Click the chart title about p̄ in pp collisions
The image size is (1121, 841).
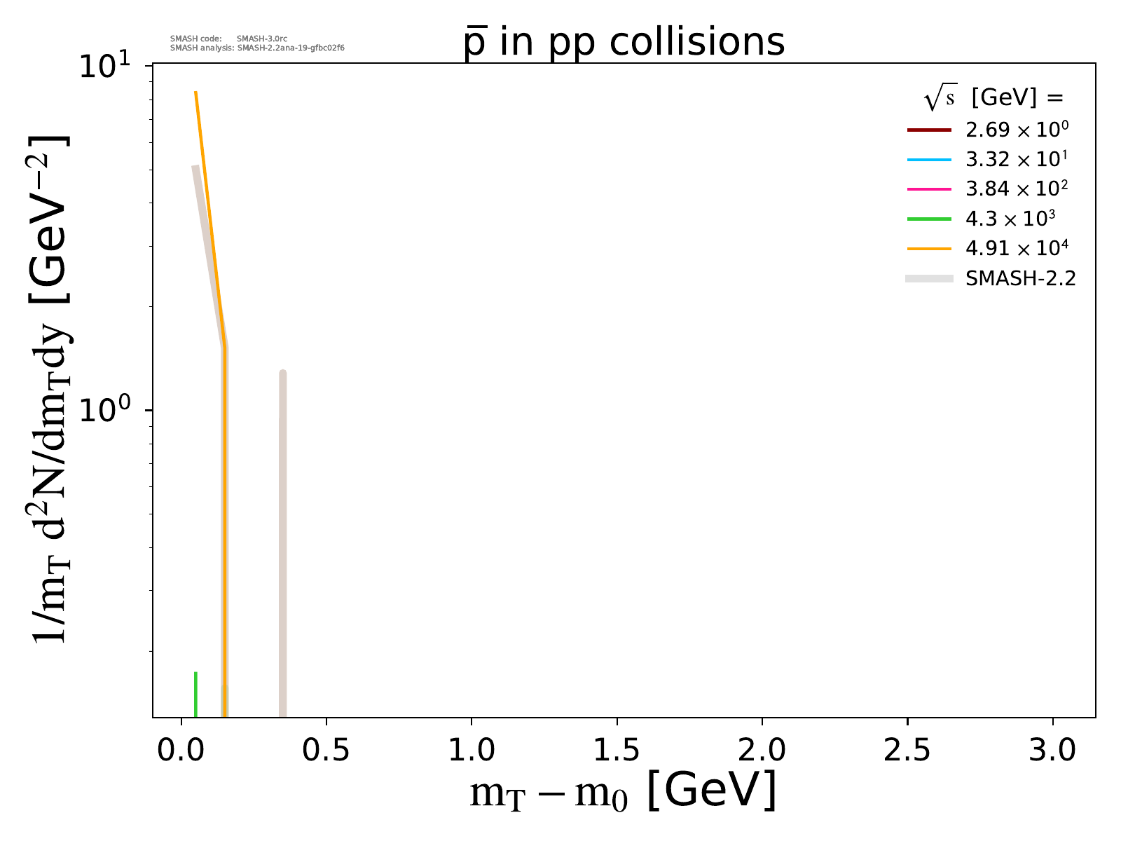click(624, 43)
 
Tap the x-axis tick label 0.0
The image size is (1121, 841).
click(181, 750)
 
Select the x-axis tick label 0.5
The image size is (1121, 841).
click(326, 750)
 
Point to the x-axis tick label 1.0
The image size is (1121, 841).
click(472, 750)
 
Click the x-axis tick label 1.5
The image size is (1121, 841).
click(617, 750)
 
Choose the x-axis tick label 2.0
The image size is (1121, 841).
click(762, 750)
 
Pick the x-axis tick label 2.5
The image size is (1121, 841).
click(907, 750)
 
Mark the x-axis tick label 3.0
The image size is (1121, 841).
click(1052, 750)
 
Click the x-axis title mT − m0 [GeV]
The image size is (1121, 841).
click(623, 793)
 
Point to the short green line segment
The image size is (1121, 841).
click(195, 694)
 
